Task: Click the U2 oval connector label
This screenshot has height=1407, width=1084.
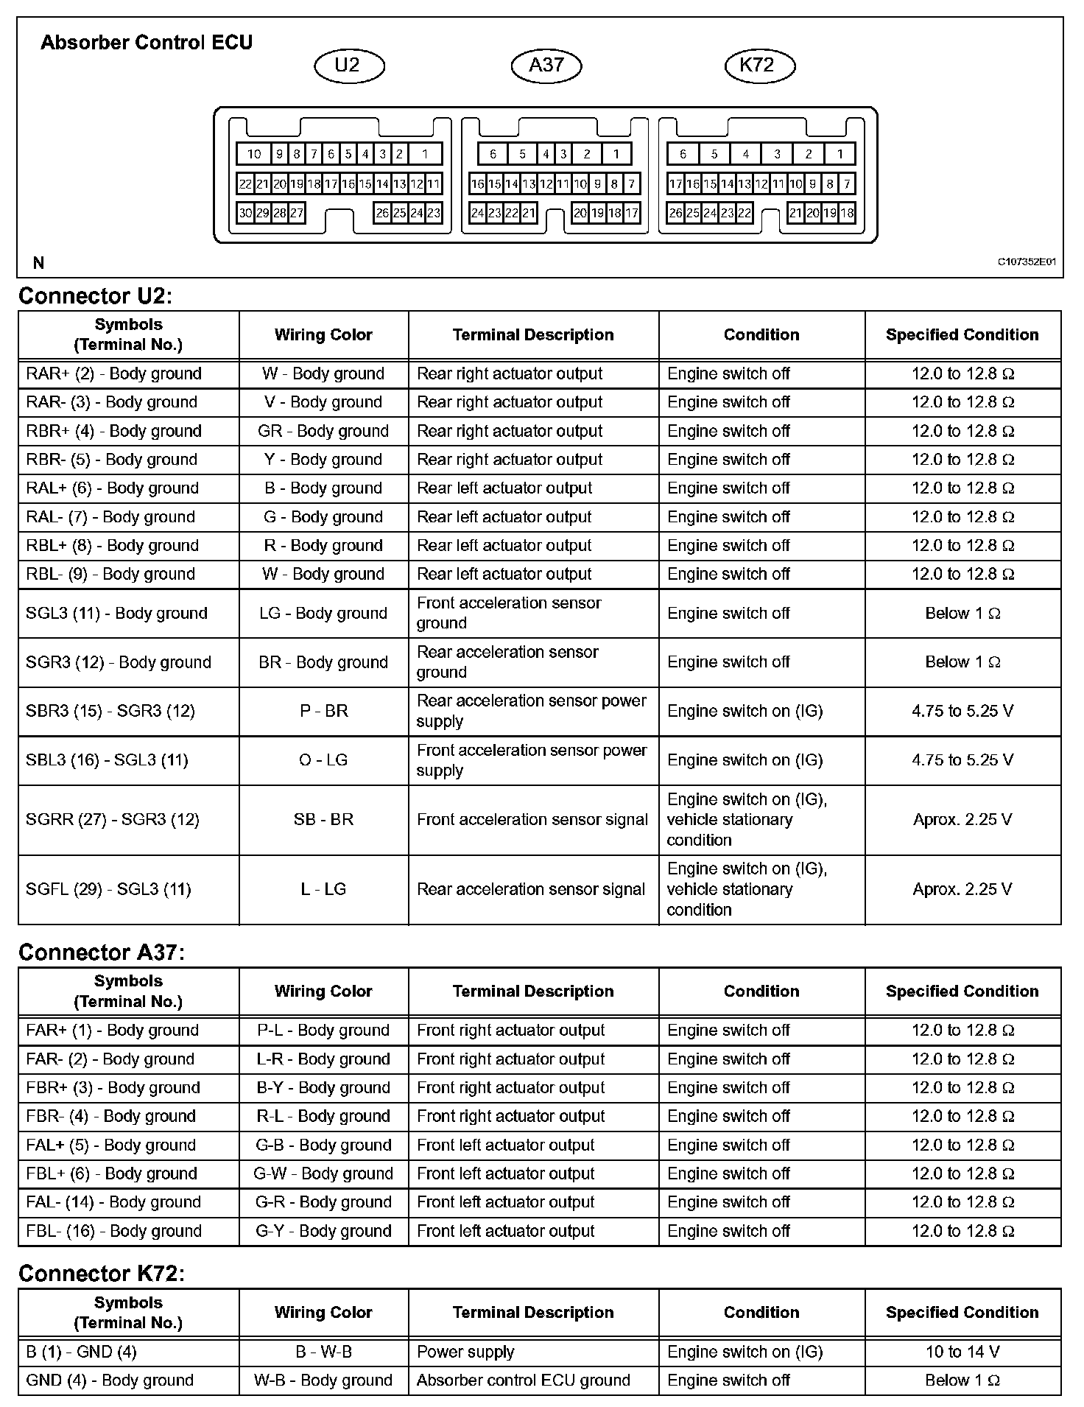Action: click(x=348, y=66)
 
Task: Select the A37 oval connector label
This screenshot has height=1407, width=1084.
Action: click(x=546, y=66)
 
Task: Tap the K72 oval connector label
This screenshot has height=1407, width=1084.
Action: click(x=758, y=66)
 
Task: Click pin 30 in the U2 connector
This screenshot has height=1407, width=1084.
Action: click(x=245, y=214)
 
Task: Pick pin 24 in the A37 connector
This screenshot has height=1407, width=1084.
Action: click(x=477, y=214)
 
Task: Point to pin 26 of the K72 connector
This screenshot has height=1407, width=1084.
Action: click(x=675, y=214)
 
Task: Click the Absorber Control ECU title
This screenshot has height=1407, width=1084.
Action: click(x=147, y=43)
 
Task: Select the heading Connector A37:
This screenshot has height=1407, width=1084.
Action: click(x=102, y=952)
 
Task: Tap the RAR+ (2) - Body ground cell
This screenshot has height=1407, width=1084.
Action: click(x=113, y=373)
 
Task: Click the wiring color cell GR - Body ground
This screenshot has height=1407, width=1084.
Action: click(x=323, y=431)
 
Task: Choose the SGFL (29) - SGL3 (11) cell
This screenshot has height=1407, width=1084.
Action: click(x=108, y=889)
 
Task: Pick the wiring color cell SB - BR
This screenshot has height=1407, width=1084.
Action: click(x=323, y=819)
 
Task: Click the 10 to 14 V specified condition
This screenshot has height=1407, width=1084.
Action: click(x=962, y=1352)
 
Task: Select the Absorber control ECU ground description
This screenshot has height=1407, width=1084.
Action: click(x=523, y=1380)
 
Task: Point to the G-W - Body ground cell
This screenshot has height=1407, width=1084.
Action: click(x=323, y=1173)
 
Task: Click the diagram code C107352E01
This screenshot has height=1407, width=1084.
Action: click(x=1027, y=262)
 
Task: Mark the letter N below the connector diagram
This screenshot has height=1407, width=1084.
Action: click(x=38, y=262)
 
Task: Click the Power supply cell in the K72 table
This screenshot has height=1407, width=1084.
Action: click(x=465, y=1352)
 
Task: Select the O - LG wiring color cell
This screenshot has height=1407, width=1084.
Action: click(x=323, y=760)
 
